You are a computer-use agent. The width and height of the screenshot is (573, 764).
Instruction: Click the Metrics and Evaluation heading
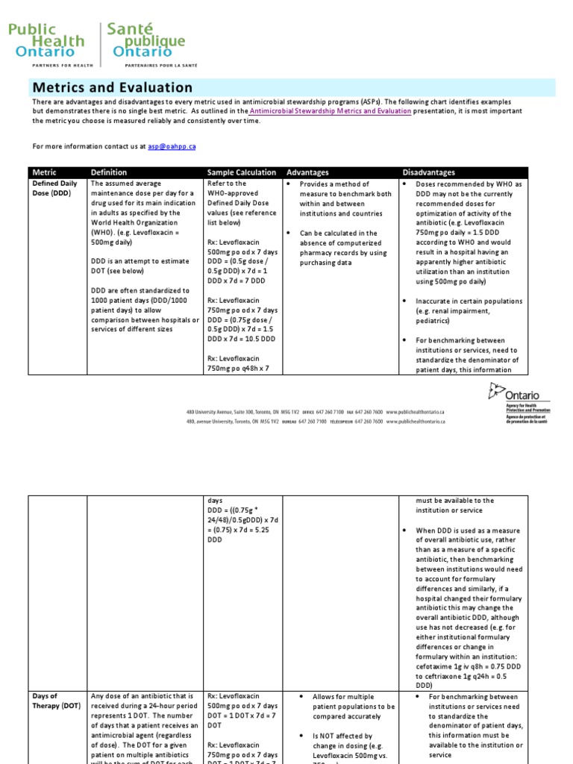[112, 88]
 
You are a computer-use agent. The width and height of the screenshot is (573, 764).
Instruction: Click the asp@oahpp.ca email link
[172, 147]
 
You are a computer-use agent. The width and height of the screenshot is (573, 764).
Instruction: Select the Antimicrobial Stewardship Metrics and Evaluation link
[331, 111]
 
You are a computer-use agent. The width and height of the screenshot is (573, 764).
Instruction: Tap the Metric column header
[44, 172]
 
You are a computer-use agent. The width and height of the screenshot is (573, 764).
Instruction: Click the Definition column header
[109, 172]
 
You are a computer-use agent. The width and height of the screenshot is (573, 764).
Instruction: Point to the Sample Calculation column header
[241, 172]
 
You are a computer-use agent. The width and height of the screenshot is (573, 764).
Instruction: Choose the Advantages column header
[307, 172]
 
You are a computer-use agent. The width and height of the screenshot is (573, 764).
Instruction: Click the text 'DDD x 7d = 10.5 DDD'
[241, 338]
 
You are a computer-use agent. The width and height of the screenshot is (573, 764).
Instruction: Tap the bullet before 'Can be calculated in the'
[289, 234]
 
